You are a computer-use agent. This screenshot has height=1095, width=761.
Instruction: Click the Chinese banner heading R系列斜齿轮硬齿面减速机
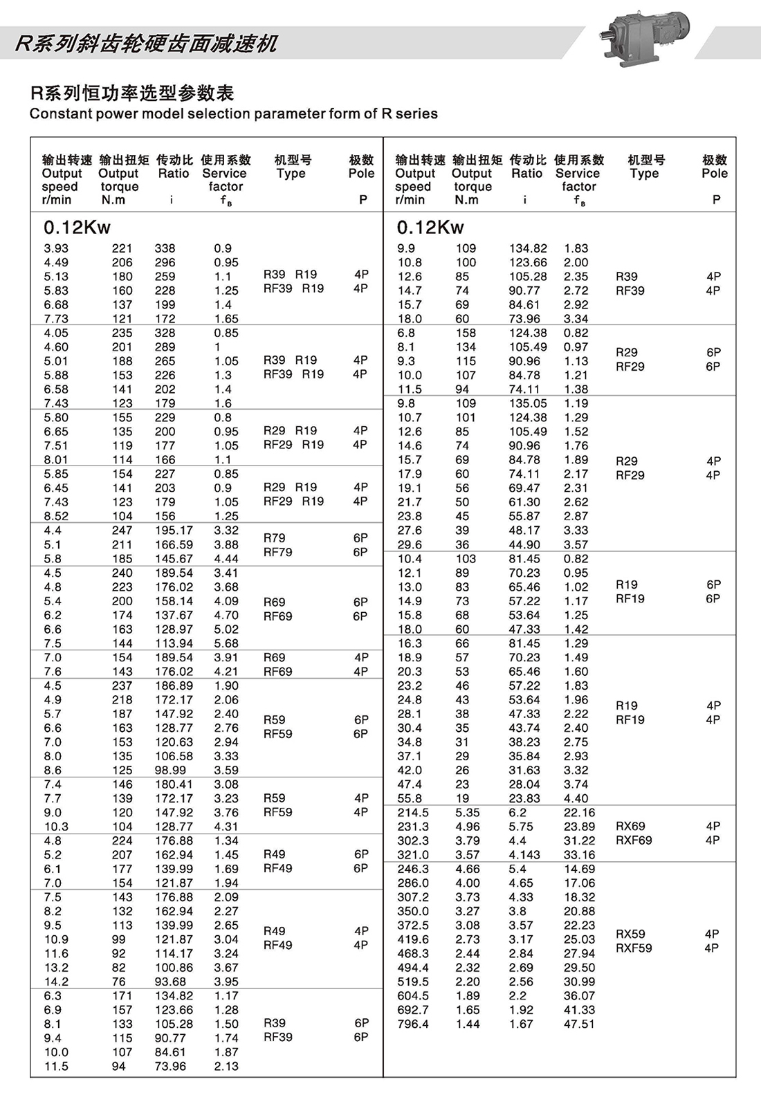(x=146, y=44)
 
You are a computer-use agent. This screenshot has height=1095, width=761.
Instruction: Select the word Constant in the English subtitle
(x=57, y=114)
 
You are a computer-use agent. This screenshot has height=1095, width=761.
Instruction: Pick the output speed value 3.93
(x=56, y=248)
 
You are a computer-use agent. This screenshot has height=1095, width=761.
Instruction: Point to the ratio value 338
(x=165, y=248)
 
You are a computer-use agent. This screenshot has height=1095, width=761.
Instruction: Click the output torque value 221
(x=122, y=248)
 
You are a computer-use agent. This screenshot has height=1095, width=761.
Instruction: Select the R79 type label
(x=274, y=537)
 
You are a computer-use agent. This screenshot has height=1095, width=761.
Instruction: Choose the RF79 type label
(x=277, y=552)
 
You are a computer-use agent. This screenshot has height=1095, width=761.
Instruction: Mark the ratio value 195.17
(x=174, y=531)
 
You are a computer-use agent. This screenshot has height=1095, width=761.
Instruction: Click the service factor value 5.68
(x=226, y=643)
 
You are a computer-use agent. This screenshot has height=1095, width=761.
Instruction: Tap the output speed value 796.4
(x=413, y=1024)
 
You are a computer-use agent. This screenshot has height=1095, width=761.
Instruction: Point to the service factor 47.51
(x=579, y=1024)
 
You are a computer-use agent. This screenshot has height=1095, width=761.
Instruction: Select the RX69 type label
(x=630, y=826)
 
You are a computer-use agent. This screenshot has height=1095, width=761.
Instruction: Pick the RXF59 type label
(x=634, y=948)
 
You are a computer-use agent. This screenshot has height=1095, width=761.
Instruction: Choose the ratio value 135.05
(x=528, y=403)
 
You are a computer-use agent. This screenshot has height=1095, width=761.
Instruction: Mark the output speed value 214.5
(x=413, y=813)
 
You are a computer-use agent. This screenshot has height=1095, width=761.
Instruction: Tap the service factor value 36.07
(x=579, y=996)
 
